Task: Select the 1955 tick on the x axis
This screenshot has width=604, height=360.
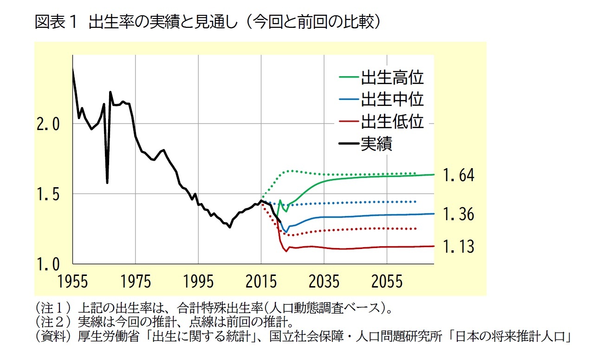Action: coord(73,282)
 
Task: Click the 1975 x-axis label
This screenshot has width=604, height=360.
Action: coord(136,282)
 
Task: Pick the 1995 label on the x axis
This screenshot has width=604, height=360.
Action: coord(198,282)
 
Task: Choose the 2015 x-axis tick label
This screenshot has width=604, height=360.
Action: coord(261,282)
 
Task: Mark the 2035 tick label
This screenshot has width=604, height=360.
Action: coord(324,282)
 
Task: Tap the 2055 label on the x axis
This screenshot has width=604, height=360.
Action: coord(387,282)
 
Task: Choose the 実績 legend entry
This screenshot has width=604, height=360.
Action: coord(377,143)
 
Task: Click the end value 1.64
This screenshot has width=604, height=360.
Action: coord(458,176)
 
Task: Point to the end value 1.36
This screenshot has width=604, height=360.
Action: coord(458,215)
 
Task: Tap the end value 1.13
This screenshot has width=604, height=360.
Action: coord(458,247)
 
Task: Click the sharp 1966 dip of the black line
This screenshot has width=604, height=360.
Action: coord(107,183)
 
